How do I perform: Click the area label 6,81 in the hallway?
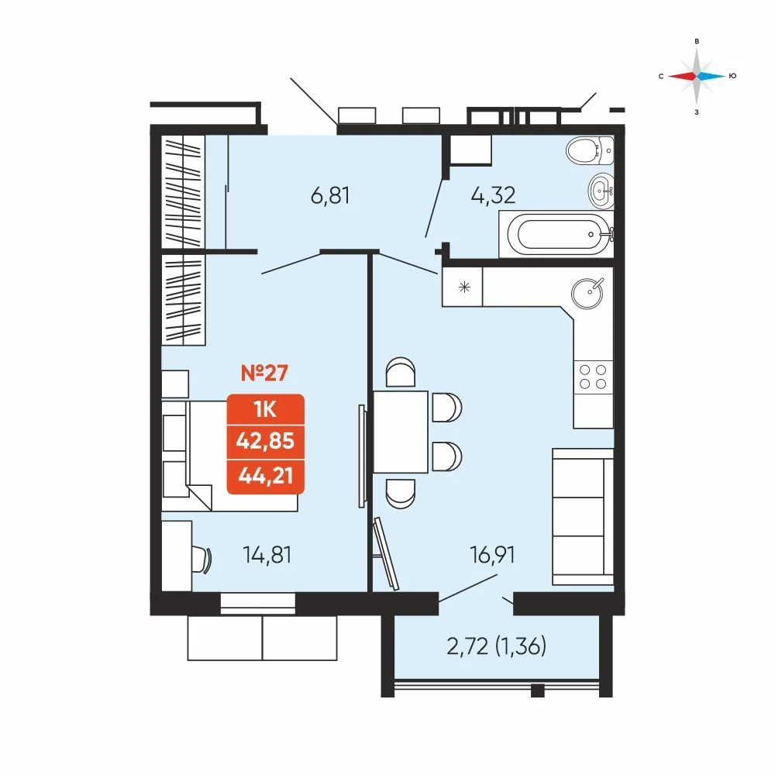pos(330,196)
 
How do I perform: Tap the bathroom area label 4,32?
pos(493,195)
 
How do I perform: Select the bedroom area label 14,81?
pos(267,555)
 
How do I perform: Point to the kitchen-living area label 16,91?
pos(492,555)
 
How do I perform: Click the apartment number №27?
pos(264,373)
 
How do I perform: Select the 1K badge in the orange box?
pos(265,409)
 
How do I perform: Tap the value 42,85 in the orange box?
pos(265,440)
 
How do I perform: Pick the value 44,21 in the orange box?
pos(265,476)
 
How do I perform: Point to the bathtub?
pos(556,234)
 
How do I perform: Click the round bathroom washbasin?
pos(601,189)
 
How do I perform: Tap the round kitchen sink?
pos(587,293)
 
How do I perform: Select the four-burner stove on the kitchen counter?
pos(593,377)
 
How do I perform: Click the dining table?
pos(401,432)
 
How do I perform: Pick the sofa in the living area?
pos(584,517)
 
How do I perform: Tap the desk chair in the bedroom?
pos(201,559)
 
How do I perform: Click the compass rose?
pos(697,76)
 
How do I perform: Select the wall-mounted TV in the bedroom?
pos(362,456)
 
